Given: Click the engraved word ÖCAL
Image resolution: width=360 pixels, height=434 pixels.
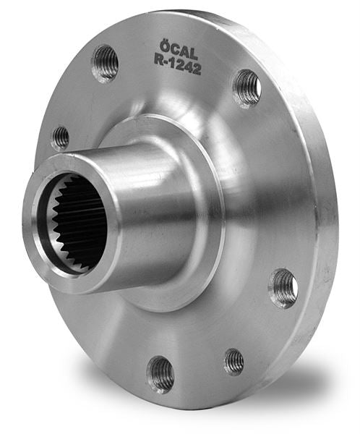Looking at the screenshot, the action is (x=179, y=50).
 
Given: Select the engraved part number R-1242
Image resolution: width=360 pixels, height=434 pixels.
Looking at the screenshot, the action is (x=178, y=65).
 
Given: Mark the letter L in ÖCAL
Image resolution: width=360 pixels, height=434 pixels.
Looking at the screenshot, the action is (x=194, y=54).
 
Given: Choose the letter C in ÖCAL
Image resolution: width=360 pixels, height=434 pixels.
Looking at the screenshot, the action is (x=175, y=49).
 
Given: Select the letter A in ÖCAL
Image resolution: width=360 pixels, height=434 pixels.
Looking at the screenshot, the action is (x=184, y=52).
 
